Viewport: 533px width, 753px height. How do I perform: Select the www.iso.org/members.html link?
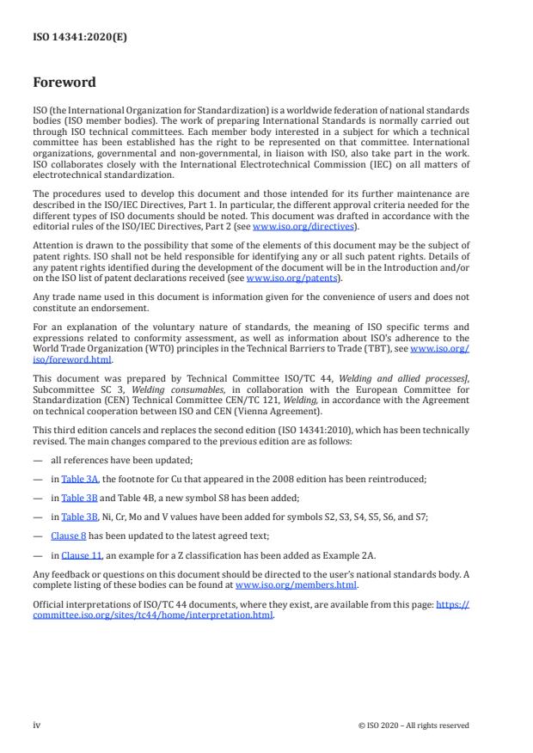(296, 585)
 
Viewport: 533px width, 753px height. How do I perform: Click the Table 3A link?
(78, 477)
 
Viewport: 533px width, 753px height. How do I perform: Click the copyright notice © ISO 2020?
(414, 725)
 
